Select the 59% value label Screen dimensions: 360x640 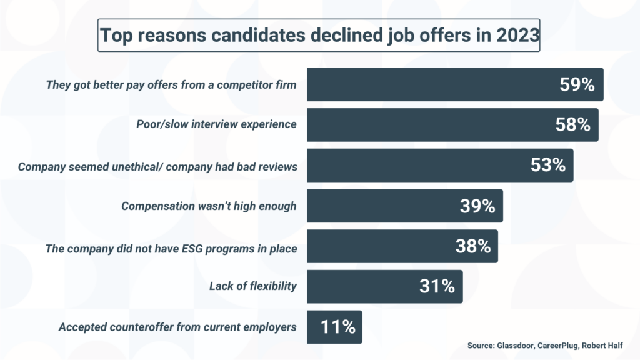(x=577, y=85)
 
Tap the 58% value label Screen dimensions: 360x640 (x=572, y=125)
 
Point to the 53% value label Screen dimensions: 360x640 (x=547, y=166)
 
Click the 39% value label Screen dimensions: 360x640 (x=477, y=206)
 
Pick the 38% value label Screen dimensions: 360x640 (x=472, y=246)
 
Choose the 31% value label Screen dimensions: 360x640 (x=437, y=287)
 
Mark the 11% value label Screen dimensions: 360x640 (x=337, y=327)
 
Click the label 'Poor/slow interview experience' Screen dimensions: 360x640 (x=216, y=124)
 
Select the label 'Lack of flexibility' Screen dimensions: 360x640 (x=253, y=287)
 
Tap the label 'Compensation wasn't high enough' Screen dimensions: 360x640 (x=209, y=206)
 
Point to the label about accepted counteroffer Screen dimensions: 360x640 (x=177, y=327)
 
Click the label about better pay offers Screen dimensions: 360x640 (x=171, y=84)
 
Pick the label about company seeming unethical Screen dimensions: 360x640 (x=157, y=167)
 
